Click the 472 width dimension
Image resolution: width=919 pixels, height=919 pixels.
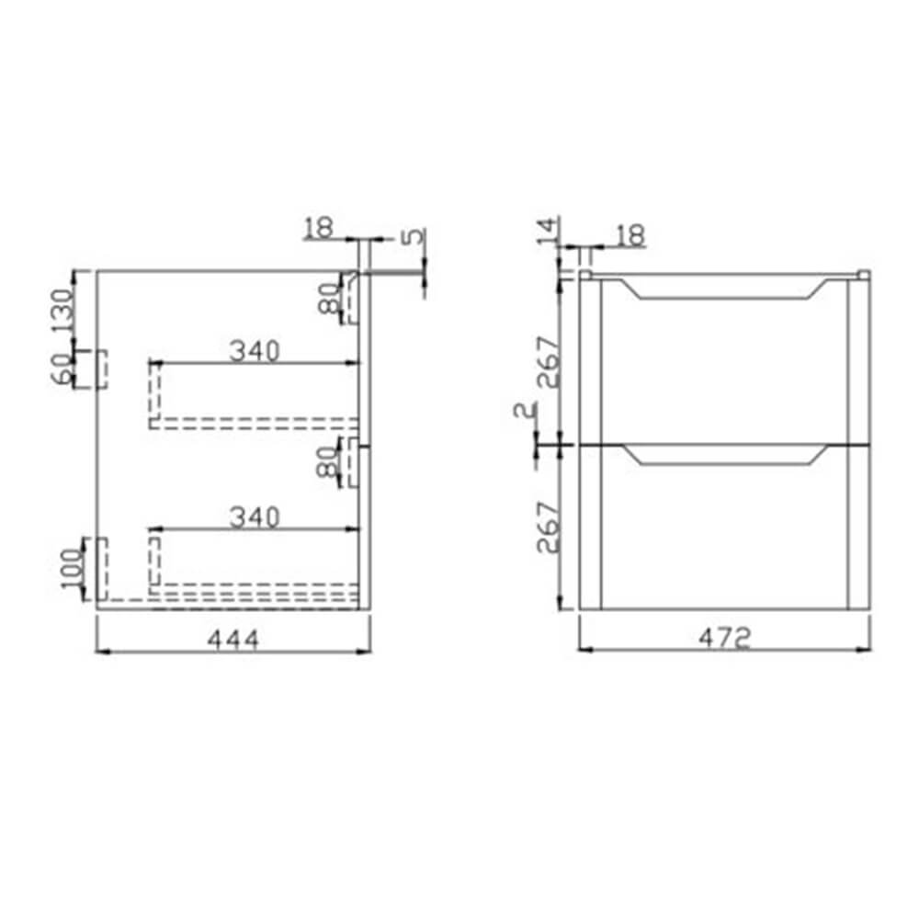pyautogui.click(x=725, y=637)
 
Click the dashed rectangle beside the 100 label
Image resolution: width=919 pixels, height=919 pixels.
pyautogui.click(x=97, y=570)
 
